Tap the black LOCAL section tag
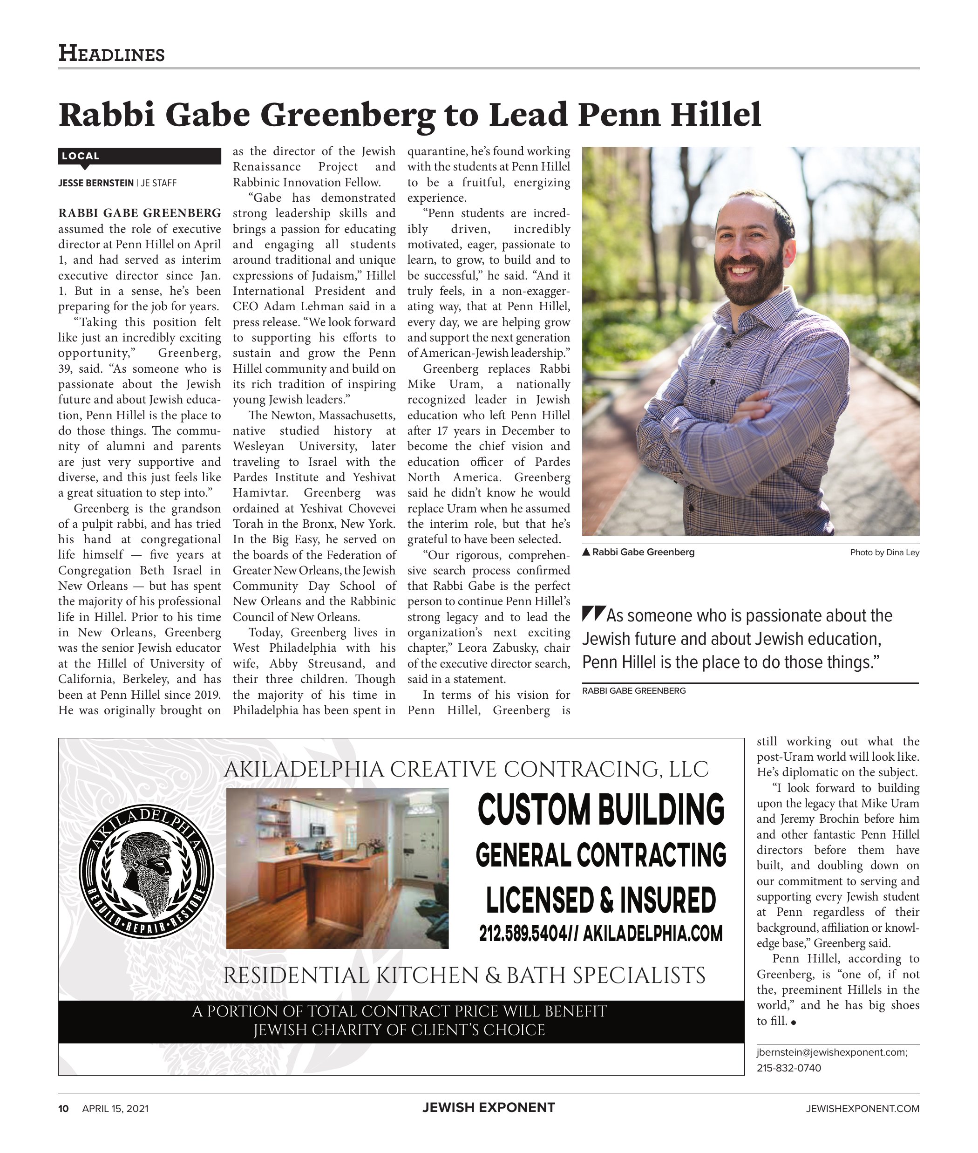(139, 157)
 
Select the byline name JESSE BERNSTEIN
(96, 183)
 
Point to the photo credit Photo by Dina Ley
(884, 553)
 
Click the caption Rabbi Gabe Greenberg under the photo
(643, 553)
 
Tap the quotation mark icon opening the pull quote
(593, 614)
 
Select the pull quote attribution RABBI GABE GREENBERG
(634, 691)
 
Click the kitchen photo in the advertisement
(337, 868)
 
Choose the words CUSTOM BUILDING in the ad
(601, 810)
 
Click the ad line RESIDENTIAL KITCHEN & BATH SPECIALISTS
(464, 976)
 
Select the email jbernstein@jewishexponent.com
(832, 1053)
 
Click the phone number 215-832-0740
(788, 1068)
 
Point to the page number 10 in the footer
(64, 1109)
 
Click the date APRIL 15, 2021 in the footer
(115, 1109)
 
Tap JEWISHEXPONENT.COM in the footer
(863, 1109)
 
